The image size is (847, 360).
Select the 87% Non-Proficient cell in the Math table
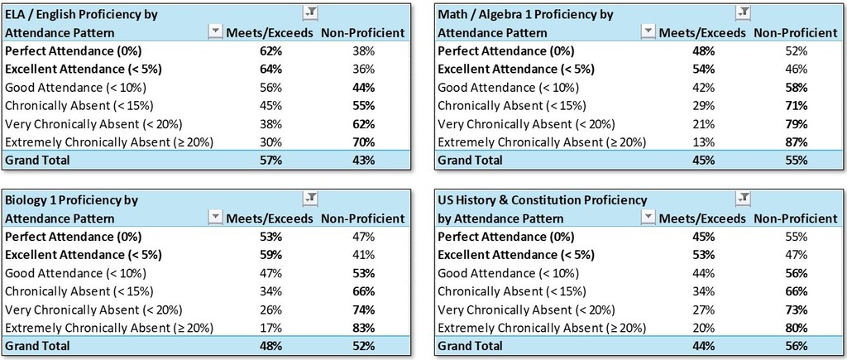(x=795, y=142)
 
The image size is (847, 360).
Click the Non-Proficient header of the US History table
(x=795, y=218)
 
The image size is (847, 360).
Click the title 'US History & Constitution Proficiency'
(x=542, y=200)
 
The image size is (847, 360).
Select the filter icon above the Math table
(x=742, y=12)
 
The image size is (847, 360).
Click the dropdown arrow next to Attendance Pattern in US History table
(x=646, y=218)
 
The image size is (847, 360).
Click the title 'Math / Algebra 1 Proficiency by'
(x=524, y=14)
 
